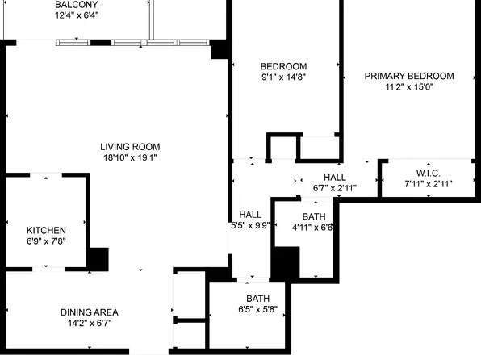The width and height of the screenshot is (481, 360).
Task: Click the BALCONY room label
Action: point(77,5)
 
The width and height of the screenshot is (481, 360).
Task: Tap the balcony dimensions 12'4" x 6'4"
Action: point(77,15)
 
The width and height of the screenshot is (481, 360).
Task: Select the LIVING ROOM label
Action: point(130,147)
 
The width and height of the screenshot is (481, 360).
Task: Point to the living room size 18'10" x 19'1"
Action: point(130,158)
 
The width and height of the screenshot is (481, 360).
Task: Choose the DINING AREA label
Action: point(90,312)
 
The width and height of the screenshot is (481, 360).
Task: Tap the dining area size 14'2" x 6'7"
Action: point(90,324)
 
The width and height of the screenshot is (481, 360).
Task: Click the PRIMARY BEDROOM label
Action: point(409,76)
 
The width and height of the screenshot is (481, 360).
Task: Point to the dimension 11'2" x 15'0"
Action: point(409,87)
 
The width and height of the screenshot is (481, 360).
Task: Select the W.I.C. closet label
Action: point(428,173)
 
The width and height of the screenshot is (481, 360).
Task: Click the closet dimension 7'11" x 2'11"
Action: point(428,184)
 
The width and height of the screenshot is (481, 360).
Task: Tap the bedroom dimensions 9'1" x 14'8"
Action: point(283,77)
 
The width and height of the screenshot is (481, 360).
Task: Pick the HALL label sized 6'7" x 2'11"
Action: point(335,178)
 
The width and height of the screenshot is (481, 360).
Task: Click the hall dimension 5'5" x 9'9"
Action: point(250,227)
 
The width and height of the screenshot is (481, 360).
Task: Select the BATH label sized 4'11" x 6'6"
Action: point(314,216)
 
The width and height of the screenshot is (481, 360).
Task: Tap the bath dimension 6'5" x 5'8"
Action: point(258,310)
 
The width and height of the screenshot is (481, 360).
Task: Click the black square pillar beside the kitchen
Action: point(98,259)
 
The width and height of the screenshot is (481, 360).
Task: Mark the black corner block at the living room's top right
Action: point(218,48)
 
